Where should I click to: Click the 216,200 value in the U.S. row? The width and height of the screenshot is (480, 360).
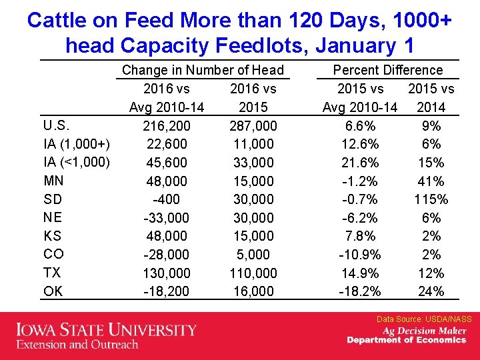(167, 126)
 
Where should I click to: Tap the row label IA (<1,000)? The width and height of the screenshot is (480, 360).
(76, 162)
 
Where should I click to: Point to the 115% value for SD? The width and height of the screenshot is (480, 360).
(431, 199)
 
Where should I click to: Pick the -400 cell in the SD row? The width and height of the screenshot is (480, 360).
(167, 199)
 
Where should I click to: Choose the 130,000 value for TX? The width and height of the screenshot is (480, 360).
(167, 273)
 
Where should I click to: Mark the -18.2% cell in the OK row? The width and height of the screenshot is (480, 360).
(360, 291)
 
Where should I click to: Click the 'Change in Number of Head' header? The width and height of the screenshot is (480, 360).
(203, 70)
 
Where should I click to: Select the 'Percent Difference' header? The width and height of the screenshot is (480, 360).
(387, 70)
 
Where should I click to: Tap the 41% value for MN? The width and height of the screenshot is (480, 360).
(431, 181)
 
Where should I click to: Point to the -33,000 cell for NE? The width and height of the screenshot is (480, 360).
(167, 218)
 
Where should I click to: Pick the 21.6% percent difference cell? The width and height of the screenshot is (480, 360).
(360, 163)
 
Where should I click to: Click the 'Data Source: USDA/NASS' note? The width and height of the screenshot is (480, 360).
(424, 319)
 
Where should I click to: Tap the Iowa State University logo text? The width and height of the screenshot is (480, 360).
(107, 330)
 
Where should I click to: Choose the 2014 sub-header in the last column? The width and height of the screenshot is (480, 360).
(431, 107)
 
